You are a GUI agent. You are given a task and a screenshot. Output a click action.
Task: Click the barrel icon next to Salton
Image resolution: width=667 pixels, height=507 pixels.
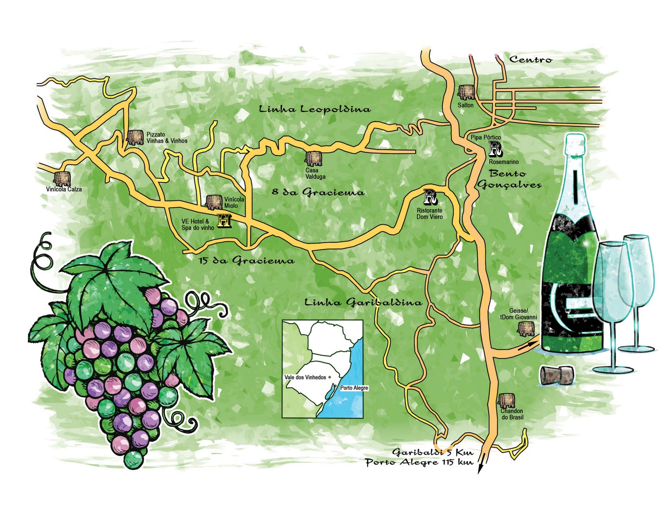(466, 92)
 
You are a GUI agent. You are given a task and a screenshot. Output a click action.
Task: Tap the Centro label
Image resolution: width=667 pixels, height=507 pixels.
(531, 60)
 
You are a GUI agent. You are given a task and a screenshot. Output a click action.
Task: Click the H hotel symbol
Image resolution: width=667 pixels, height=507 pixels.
(224, 221)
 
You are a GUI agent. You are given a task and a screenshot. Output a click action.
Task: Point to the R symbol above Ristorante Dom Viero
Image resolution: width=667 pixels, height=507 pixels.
(430, 197)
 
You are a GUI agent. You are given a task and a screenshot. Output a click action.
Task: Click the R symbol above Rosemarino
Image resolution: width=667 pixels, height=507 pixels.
(495, 149)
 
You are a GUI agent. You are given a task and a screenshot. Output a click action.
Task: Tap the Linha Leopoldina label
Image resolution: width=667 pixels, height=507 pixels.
(314, 109)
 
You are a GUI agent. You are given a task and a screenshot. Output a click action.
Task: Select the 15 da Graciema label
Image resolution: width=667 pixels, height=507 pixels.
(246, 261)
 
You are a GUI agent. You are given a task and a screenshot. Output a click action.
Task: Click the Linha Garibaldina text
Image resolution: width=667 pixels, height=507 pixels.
(363, 302)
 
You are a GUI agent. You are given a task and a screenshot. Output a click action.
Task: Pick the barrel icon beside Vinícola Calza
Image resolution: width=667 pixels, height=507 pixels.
(63, 178)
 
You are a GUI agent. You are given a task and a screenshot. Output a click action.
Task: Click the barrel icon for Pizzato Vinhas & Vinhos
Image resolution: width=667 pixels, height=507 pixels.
(135, 137)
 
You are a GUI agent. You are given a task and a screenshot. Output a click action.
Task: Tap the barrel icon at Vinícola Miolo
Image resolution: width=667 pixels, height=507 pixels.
(214, 202)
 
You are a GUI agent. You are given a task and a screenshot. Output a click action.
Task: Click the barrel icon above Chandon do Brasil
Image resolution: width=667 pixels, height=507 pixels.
(507, 401)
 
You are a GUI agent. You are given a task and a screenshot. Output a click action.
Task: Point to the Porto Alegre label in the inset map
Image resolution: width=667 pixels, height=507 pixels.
(354, 388)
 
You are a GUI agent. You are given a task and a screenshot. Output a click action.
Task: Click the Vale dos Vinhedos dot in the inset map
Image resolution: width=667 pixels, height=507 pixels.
(330, 377)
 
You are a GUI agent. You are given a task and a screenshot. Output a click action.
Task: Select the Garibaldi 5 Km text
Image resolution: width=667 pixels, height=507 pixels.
(432, 452)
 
